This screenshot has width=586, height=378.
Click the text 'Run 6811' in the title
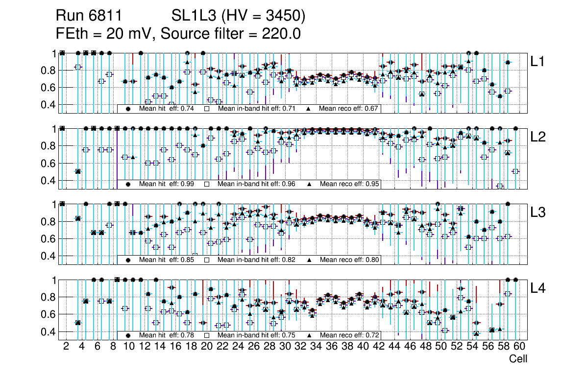[88, 17]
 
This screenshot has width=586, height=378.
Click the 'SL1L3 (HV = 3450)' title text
[239, 17]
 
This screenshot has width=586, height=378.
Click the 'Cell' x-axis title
[518, 359]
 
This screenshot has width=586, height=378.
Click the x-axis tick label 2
[66, 347]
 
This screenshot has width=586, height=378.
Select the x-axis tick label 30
[284, 347]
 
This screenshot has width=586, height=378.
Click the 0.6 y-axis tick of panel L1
[48, 88]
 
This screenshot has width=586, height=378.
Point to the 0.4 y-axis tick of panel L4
[48, 331]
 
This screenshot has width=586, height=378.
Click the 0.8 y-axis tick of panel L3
[48, 221]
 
